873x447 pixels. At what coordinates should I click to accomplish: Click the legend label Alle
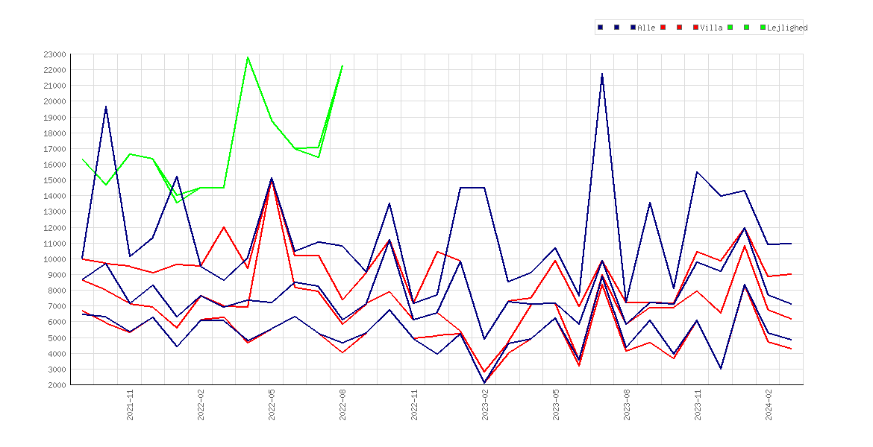[x=646, y=28]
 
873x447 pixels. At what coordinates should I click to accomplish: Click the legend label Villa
[x=712, y=28]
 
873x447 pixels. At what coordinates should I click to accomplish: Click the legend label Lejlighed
[x=787, y=28]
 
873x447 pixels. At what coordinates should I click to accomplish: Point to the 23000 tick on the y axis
[x=54, y=54]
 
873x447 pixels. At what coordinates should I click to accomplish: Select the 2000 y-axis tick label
[x=57, y=384]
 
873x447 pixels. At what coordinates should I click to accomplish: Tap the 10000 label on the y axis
[x=54, y=259]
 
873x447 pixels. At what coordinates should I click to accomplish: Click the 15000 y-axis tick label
[x=54, y=180]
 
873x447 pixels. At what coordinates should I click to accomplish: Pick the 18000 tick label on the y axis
[x=54, y=133]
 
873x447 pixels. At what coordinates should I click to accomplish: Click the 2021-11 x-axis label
[x=131, y=405]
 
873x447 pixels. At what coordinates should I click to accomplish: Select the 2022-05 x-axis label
[x=272, y=405]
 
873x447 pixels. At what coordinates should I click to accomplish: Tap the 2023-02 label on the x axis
[x=485, y=405]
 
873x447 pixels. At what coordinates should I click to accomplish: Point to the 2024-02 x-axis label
[x=769, y=405]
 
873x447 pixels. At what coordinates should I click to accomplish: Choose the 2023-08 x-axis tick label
[x=627, y=405]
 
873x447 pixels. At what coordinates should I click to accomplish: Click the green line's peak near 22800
[x=248, y=57]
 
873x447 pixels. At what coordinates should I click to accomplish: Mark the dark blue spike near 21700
[x=602, y=74]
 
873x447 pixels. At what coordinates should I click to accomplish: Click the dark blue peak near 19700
[x=106, y=107]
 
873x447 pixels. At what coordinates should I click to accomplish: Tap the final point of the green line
[x=342, y=66]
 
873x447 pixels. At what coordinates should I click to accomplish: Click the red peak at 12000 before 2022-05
[x=224, y=227]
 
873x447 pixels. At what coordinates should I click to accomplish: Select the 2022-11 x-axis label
[x=414, y=405]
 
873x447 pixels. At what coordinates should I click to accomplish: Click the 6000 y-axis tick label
[x=57, y=322]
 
